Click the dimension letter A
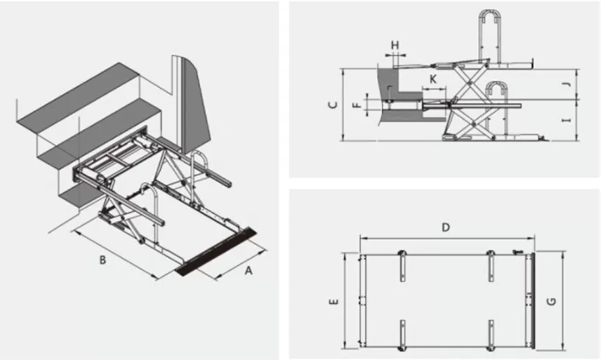click(x=248, y=271)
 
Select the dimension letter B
click(x=103, y=260)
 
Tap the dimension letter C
click(x=334, y=105)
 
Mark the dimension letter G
click(x=553, y=300)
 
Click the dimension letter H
click(x=395, y=46)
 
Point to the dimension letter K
click(x=433, y=79)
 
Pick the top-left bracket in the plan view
click(x=402, y=262)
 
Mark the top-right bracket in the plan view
click(x=491, y=262)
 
